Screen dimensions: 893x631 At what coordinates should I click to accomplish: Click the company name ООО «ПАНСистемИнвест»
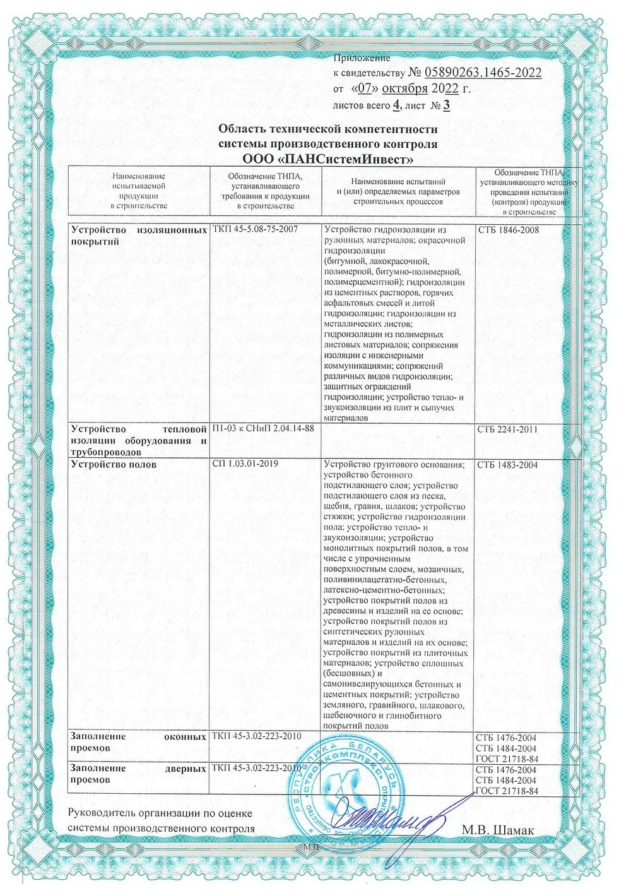(x=327, y=157)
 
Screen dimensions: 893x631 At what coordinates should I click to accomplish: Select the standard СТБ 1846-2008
(x=508, y=230)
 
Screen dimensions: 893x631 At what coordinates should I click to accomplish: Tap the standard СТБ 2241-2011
(x=508, y=430)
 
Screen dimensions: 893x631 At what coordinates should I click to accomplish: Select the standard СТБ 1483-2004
(x=508, y=465)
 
